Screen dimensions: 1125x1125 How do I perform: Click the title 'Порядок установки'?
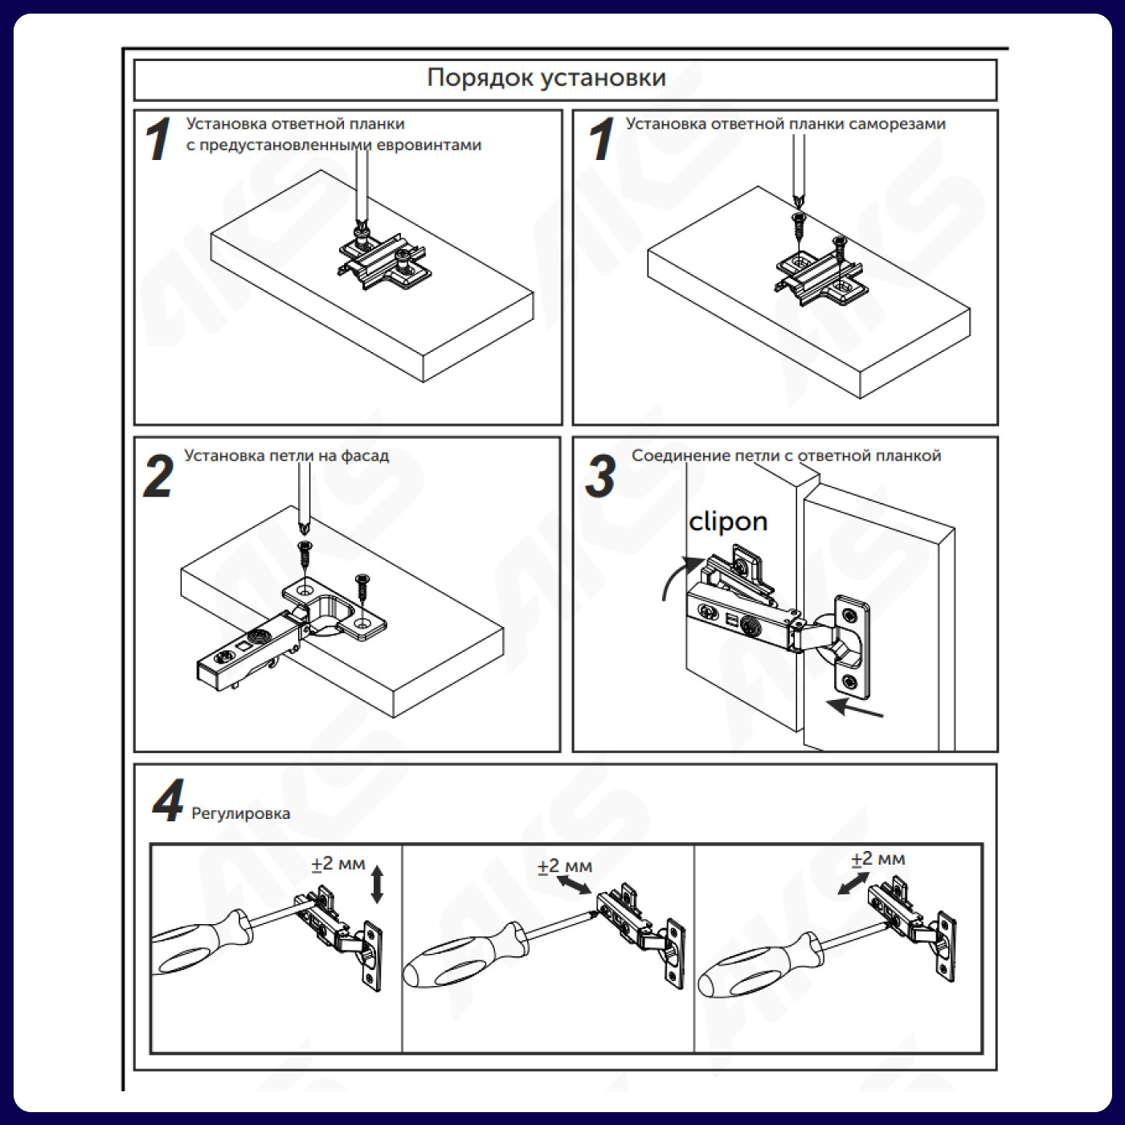point(546,78)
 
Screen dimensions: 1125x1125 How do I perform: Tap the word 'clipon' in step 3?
point(728,522)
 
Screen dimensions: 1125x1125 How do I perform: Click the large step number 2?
point(158,477)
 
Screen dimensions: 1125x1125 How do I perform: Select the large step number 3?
point(600,477)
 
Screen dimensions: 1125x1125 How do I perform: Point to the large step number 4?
point(168,801)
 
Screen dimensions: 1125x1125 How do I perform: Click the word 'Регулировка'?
point(240,813)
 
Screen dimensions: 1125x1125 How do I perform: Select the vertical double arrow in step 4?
point(377,884)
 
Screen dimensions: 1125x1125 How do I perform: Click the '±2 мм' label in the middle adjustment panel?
point(564,866)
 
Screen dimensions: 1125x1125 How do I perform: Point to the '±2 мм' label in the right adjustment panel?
point(877,858)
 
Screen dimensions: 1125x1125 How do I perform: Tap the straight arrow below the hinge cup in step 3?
point(855,709)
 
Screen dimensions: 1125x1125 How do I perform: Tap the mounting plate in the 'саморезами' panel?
point(820,277)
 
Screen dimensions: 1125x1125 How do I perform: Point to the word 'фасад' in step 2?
point(365,456)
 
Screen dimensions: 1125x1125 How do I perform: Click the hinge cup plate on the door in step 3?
point(850,647)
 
